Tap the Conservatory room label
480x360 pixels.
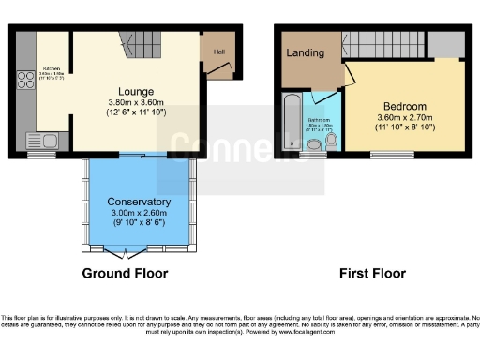click(x=139, y=202)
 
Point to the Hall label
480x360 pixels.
click(x=218, y=52)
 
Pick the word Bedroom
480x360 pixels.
click(x=405, y=107)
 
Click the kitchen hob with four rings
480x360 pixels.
click(x=24, y=80)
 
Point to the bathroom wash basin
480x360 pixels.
click(x=314, y=143)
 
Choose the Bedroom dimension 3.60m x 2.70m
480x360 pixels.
click(x=405, y=118)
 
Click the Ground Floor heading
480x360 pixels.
click(x=125, y=274)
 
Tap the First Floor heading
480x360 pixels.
click(x=372, y=274)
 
